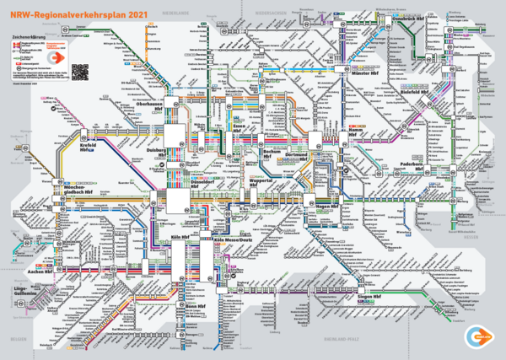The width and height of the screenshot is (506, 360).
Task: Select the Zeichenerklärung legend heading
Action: (29, 37)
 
